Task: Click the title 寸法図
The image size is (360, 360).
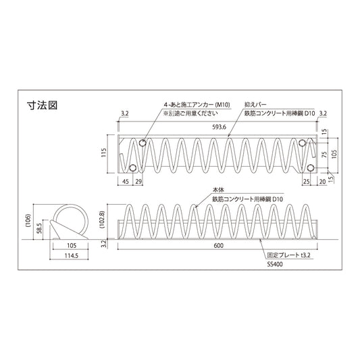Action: point(43,105)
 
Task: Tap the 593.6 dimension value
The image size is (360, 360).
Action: point(220,127)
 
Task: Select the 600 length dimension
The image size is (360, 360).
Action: point(219,246)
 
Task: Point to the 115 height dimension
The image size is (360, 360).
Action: point(104,153)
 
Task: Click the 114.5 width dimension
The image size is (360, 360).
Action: point(72,255)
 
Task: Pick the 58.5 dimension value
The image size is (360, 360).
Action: point(39,228)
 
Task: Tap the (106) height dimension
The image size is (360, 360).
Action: point(28,220)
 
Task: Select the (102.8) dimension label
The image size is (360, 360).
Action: point(103,220)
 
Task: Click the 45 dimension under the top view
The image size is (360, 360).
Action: point(126,182)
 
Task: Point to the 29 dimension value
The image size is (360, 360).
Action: point(138,182)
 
